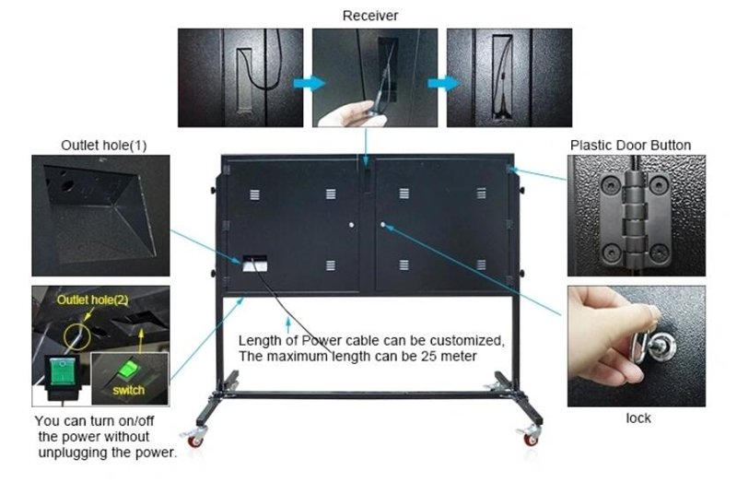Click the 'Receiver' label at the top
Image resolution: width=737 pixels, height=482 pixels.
370,16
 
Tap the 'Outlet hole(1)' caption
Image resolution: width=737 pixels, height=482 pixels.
104,146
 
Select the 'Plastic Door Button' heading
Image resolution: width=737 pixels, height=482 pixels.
630,146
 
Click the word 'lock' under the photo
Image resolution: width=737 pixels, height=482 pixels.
638,417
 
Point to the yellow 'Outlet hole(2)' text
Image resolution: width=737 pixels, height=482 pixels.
93,300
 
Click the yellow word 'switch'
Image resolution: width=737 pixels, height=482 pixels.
128,390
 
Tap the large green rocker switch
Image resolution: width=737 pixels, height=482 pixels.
62,371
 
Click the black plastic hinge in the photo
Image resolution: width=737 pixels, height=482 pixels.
635,217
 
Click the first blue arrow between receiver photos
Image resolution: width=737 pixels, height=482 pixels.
310,83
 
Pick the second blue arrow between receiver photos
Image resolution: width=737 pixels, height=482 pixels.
444,83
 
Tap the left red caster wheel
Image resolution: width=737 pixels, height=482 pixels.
194,441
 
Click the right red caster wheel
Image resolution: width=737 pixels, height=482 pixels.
531,441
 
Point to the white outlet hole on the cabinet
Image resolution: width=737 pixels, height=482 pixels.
255,264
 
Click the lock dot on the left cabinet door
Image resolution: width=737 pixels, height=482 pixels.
352,225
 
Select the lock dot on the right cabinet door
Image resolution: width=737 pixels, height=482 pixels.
383,225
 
